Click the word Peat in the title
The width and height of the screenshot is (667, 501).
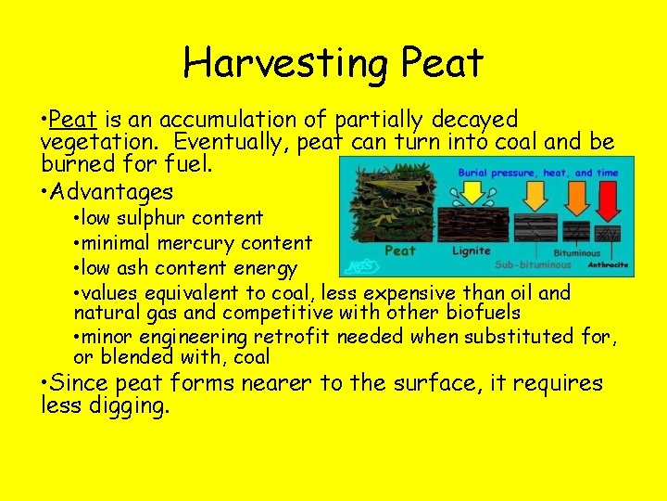coord(443,63)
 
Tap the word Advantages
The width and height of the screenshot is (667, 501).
coord(113,192)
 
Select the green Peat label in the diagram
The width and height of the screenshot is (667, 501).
coord(399,250)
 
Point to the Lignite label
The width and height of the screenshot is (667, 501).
coord(472,250)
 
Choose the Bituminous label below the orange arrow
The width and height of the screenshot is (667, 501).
coord(576,252)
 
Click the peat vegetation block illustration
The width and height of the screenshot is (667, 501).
coord(389,213)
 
